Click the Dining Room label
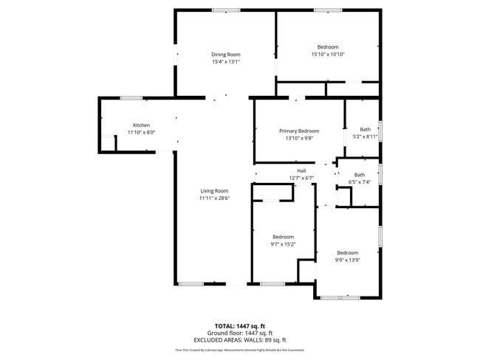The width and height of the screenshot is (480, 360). tap(226, 55)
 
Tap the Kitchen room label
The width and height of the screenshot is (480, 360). tap(141, 125)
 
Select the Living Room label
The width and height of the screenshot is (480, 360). tap(214, 191)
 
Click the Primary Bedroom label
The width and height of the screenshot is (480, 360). tap(299, 131)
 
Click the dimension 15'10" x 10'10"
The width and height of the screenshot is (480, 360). tap(328, 54)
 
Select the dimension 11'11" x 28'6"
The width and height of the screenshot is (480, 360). tap(214, 198)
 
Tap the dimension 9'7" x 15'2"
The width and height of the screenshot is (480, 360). tap(284, 243)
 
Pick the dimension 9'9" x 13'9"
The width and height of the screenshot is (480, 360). tap(347, 259)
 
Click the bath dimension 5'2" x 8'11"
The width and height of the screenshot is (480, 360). tap(365, 136)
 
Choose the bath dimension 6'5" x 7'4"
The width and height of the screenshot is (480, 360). tap(360, 182)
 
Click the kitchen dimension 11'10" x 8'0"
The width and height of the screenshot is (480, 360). tap(141, 132)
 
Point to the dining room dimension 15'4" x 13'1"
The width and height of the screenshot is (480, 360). tap(226, 61)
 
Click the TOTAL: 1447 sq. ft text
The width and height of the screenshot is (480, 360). tap(240, 325)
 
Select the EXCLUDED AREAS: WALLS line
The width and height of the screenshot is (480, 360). tap(240, 339)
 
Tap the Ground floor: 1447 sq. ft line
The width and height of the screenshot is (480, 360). tap(240, 333)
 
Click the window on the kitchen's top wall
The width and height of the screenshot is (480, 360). tap(131, 97)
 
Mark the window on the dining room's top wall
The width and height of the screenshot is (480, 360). tap(221, 10)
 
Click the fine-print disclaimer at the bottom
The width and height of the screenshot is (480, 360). tap(240, 350)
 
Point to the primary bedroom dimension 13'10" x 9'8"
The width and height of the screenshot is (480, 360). tap(299, 137)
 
